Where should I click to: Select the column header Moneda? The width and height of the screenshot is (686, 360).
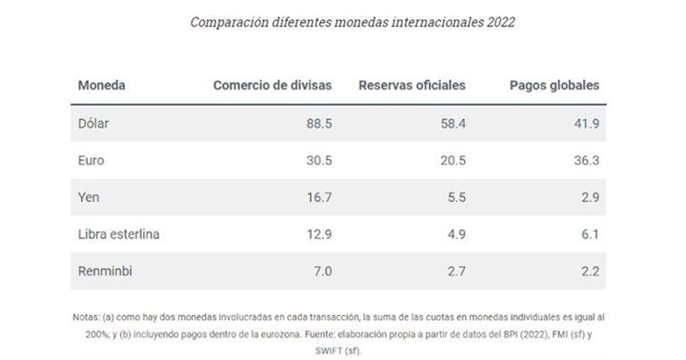coord(101,85)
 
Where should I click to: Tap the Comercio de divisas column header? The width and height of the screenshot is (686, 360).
coord(272,85)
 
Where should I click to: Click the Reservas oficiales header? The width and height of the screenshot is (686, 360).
coord(412,85)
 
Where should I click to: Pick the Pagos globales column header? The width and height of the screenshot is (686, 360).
coord(555,85)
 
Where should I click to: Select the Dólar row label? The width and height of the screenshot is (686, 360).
coord(94,123)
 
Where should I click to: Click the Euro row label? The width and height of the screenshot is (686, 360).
coord(91,162)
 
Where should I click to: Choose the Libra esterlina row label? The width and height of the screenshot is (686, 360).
coord(119,233)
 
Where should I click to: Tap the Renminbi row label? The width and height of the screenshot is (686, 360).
coord(105,272)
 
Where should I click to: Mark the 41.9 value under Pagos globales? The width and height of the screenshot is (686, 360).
coord(584,123)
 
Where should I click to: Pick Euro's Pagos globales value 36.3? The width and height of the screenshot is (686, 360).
coord(584,162)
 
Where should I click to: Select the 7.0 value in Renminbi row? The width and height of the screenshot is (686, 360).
coord(321,272)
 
